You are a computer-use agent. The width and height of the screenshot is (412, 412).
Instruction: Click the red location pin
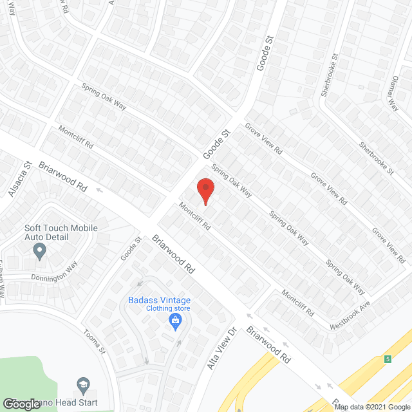[205, 191]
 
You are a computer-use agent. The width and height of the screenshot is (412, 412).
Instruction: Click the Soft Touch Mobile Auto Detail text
[61, 232]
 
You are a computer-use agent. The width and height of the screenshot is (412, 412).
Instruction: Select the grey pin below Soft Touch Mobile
[40, 250]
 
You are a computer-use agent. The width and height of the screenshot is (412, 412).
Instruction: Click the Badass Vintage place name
[159, 299]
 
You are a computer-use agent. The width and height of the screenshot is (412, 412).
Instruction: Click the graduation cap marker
[82, 384]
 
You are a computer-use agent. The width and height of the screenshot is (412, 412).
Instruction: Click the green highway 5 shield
[388, 359]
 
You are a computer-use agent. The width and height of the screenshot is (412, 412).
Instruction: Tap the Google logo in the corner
[21, 404]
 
